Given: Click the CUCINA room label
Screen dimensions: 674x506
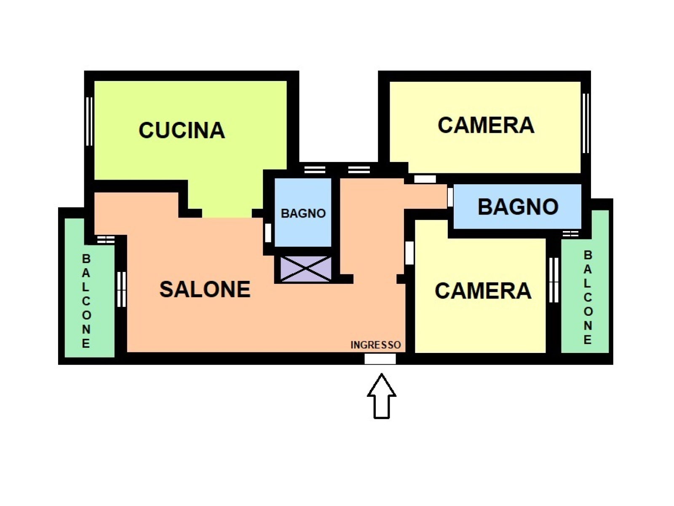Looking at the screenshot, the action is [x=182, y=130].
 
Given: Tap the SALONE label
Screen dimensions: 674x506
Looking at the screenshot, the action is [x=205, y=289].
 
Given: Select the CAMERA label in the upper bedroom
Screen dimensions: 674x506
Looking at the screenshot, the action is [x=486, y=125].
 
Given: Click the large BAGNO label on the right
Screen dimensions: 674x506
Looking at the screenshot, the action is [x=518, y=207].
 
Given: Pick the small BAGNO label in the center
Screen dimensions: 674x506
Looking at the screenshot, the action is [x=303, y=213].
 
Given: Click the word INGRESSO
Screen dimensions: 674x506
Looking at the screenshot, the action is [x=375, y=345].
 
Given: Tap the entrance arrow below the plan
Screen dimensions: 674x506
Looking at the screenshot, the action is [x=381, y=396].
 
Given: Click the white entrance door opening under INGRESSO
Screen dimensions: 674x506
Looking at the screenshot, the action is [x=380, y=358].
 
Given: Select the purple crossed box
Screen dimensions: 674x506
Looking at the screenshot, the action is [x=306, y=269].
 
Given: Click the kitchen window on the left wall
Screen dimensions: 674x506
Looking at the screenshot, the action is [x=89, y=121].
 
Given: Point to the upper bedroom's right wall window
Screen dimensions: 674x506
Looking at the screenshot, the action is [x=586, y=123].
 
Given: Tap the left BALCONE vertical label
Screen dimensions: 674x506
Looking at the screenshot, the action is [x=86, y=301].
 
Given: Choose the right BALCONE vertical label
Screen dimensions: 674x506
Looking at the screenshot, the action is [x=587, y=297].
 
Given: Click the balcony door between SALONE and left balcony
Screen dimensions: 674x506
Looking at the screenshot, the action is [x=122, y=289].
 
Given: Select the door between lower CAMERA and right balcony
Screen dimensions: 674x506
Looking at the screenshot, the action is [x=554, y=280].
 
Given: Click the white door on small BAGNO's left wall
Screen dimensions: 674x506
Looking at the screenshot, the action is [x=268, y=233].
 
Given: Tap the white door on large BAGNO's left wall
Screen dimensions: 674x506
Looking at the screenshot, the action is [x=450, y=197].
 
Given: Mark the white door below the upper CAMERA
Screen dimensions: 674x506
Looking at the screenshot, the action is [x=425, y=179].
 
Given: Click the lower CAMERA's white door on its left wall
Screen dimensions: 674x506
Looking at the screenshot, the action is [x=409, y=253].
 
